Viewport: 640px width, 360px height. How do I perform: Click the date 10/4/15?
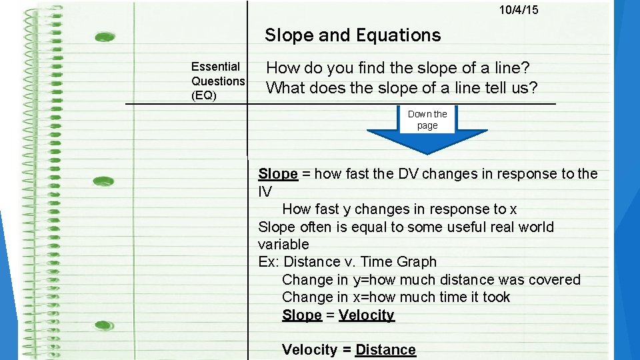pos(519,10)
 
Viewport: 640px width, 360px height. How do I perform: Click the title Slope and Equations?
pos(353,35)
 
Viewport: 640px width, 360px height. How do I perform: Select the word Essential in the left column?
pos(215,67)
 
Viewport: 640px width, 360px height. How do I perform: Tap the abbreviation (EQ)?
pos(204,95)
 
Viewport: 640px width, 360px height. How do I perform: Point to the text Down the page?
pos(427,119)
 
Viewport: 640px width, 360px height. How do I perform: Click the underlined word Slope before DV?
pos(277,174)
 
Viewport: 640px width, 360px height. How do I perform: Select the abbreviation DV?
pos(408,174)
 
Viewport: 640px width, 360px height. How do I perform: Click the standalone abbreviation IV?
pos(265,191)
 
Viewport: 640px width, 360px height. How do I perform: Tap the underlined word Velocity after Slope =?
pos(367,315)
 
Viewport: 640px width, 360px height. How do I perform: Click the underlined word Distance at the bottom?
pos(385,350)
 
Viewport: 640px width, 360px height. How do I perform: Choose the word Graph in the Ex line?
pos(416,262)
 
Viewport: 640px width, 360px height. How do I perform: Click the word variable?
pos(283,245)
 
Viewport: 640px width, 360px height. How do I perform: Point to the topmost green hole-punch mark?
pos(105,37)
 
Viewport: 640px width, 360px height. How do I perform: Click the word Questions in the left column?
pos(218,81)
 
